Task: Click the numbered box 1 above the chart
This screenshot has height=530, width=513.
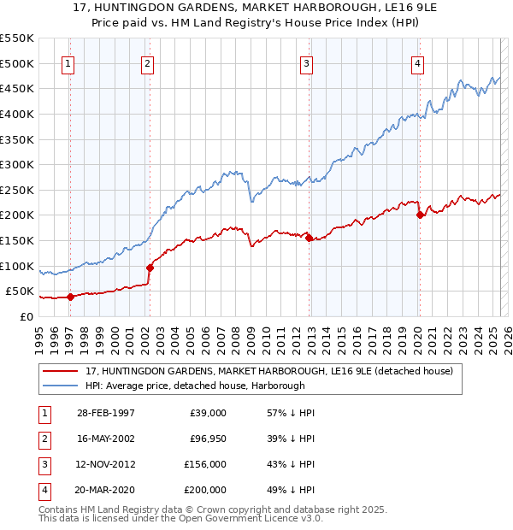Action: click(x=68, y=62)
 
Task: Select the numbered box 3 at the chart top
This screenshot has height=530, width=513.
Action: click(x=305, y=62)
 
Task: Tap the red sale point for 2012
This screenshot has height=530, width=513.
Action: click(x=309, y=238)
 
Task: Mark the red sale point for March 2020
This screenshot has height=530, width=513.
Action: click(x=420, y=215)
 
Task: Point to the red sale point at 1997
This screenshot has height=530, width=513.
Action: click(x=71, y=297)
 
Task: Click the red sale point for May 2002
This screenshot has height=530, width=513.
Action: click(x=150, y=268)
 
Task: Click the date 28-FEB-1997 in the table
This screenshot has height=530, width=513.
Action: click(x=105, y=413)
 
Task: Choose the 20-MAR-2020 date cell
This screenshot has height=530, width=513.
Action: click(x=106, y=490)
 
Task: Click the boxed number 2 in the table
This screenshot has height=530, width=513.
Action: click(x=43, y=439)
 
